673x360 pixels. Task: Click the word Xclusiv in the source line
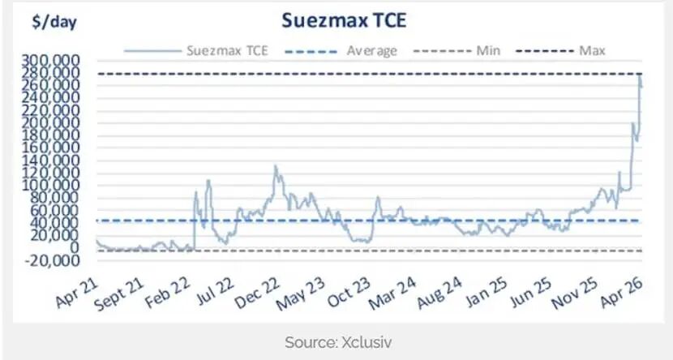[x=364, y=342]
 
